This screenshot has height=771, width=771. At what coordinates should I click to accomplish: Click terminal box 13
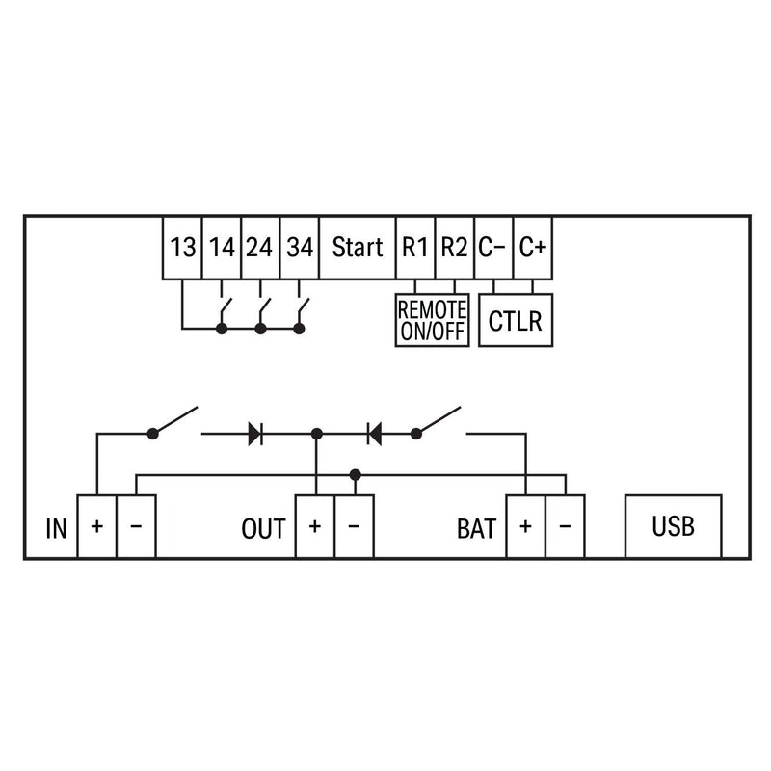(182, 248)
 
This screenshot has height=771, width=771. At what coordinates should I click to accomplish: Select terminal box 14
(222, 248)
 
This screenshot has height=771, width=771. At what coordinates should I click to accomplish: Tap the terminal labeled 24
(260, 248)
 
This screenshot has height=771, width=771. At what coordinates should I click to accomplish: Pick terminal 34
(300, 248)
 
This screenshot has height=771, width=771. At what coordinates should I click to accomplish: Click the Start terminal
(358, 248)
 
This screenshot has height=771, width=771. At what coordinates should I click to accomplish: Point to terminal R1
(415, 248)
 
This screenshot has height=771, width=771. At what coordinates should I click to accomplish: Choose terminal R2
(454, 248)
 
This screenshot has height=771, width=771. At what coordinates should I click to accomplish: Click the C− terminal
(493, 248)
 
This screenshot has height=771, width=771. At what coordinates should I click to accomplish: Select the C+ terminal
(533, 248)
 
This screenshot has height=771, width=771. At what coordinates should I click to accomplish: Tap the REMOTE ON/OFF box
(432, 320)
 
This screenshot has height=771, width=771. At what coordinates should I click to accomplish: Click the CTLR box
(516, 320)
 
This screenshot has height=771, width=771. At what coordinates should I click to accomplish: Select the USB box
(673, 526)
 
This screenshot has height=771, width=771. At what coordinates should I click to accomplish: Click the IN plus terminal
(97, 526)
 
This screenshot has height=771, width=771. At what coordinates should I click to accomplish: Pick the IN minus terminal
(136, 526)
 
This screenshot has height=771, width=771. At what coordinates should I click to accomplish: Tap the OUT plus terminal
(315, 526)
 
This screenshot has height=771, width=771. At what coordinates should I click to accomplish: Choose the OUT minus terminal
(354, 526)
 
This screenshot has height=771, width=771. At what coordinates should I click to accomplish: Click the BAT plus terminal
(525, 526)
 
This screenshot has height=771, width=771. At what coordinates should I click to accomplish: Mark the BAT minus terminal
(565, 526)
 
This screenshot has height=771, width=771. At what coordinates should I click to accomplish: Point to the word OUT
(263, 529)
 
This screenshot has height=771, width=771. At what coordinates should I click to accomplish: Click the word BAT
(476, 529)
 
